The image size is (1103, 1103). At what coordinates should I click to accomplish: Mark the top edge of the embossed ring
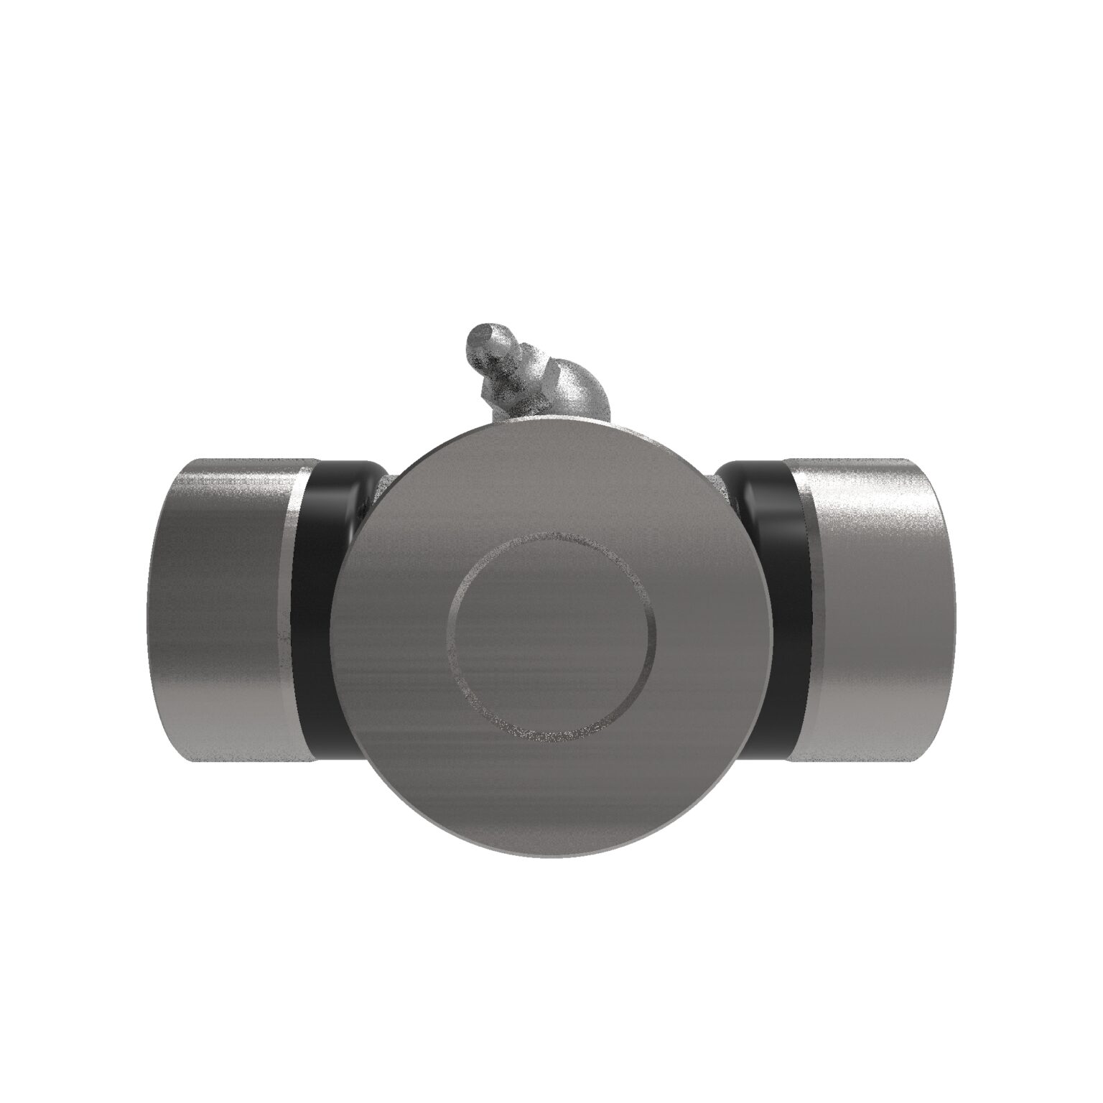[x=551, y=535]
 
